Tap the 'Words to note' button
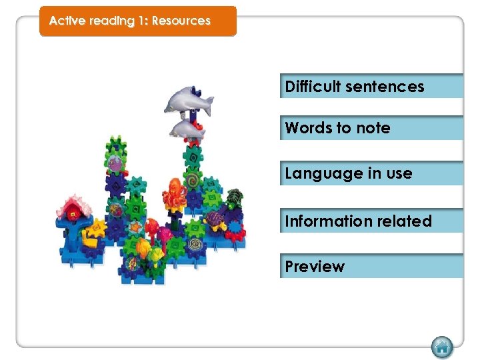coord(371,128)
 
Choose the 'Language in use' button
coord(371,173)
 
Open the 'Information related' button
coord(371,221)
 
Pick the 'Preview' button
coord(371,266)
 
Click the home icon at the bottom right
coord(441,347)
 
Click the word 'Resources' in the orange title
coord(181,21)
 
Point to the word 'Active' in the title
coord(67,21)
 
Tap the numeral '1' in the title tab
coord(142,21)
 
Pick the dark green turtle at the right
coord(234,197)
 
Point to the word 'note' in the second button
coord(375,128)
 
